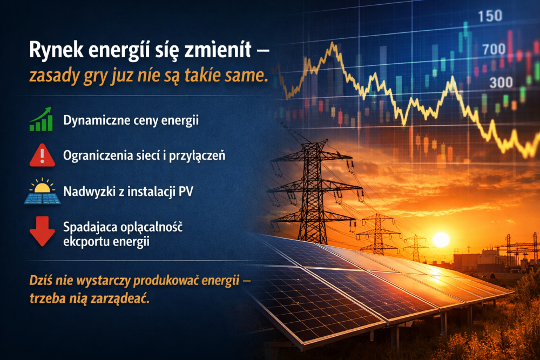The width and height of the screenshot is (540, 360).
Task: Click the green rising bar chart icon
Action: click(x=41, y=119)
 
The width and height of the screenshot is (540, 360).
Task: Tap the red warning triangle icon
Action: click(x=41, y=155)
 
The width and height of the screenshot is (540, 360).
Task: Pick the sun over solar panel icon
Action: click(x=41, y=192)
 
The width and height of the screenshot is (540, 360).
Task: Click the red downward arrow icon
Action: click(x=42, y=230)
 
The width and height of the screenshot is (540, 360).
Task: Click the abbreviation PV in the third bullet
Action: click(x=185, y=192)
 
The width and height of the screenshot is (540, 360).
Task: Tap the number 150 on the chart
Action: click(x=490, y=16)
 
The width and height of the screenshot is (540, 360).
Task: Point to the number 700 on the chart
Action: click(x=494, y=50)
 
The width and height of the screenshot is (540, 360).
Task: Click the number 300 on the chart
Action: click(x=501, y=83)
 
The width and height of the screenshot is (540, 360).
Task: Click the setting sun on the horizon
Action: click(x=441, y=239)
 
